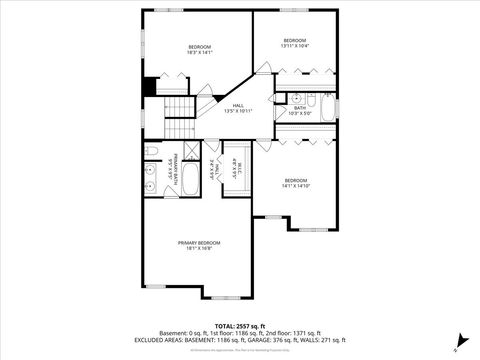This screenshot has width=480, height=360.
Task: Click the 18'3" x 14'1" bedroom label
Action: pos(199,50)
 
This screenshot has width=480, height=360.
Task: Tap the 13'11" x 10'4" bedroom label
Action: pos(293,43)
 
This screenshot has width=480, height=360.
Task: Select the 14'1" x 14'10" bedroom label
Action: pos(295,183)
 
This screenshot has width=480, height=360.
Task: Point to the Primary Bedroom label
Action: pos(199,246)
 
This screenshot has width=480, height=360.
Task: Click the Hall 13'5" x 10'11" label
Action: pos(238,107)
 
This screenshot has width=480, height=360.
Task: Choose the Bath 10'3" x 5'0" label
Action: pos(300,111)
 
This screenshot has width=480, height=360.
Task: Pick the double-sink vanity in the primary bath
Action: pos(151,175)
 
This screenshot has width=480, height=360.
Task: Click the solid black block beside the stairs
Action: pos(150,87)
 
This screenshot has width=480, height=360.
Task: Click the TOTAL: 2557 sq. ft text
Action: pos(240,326)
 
